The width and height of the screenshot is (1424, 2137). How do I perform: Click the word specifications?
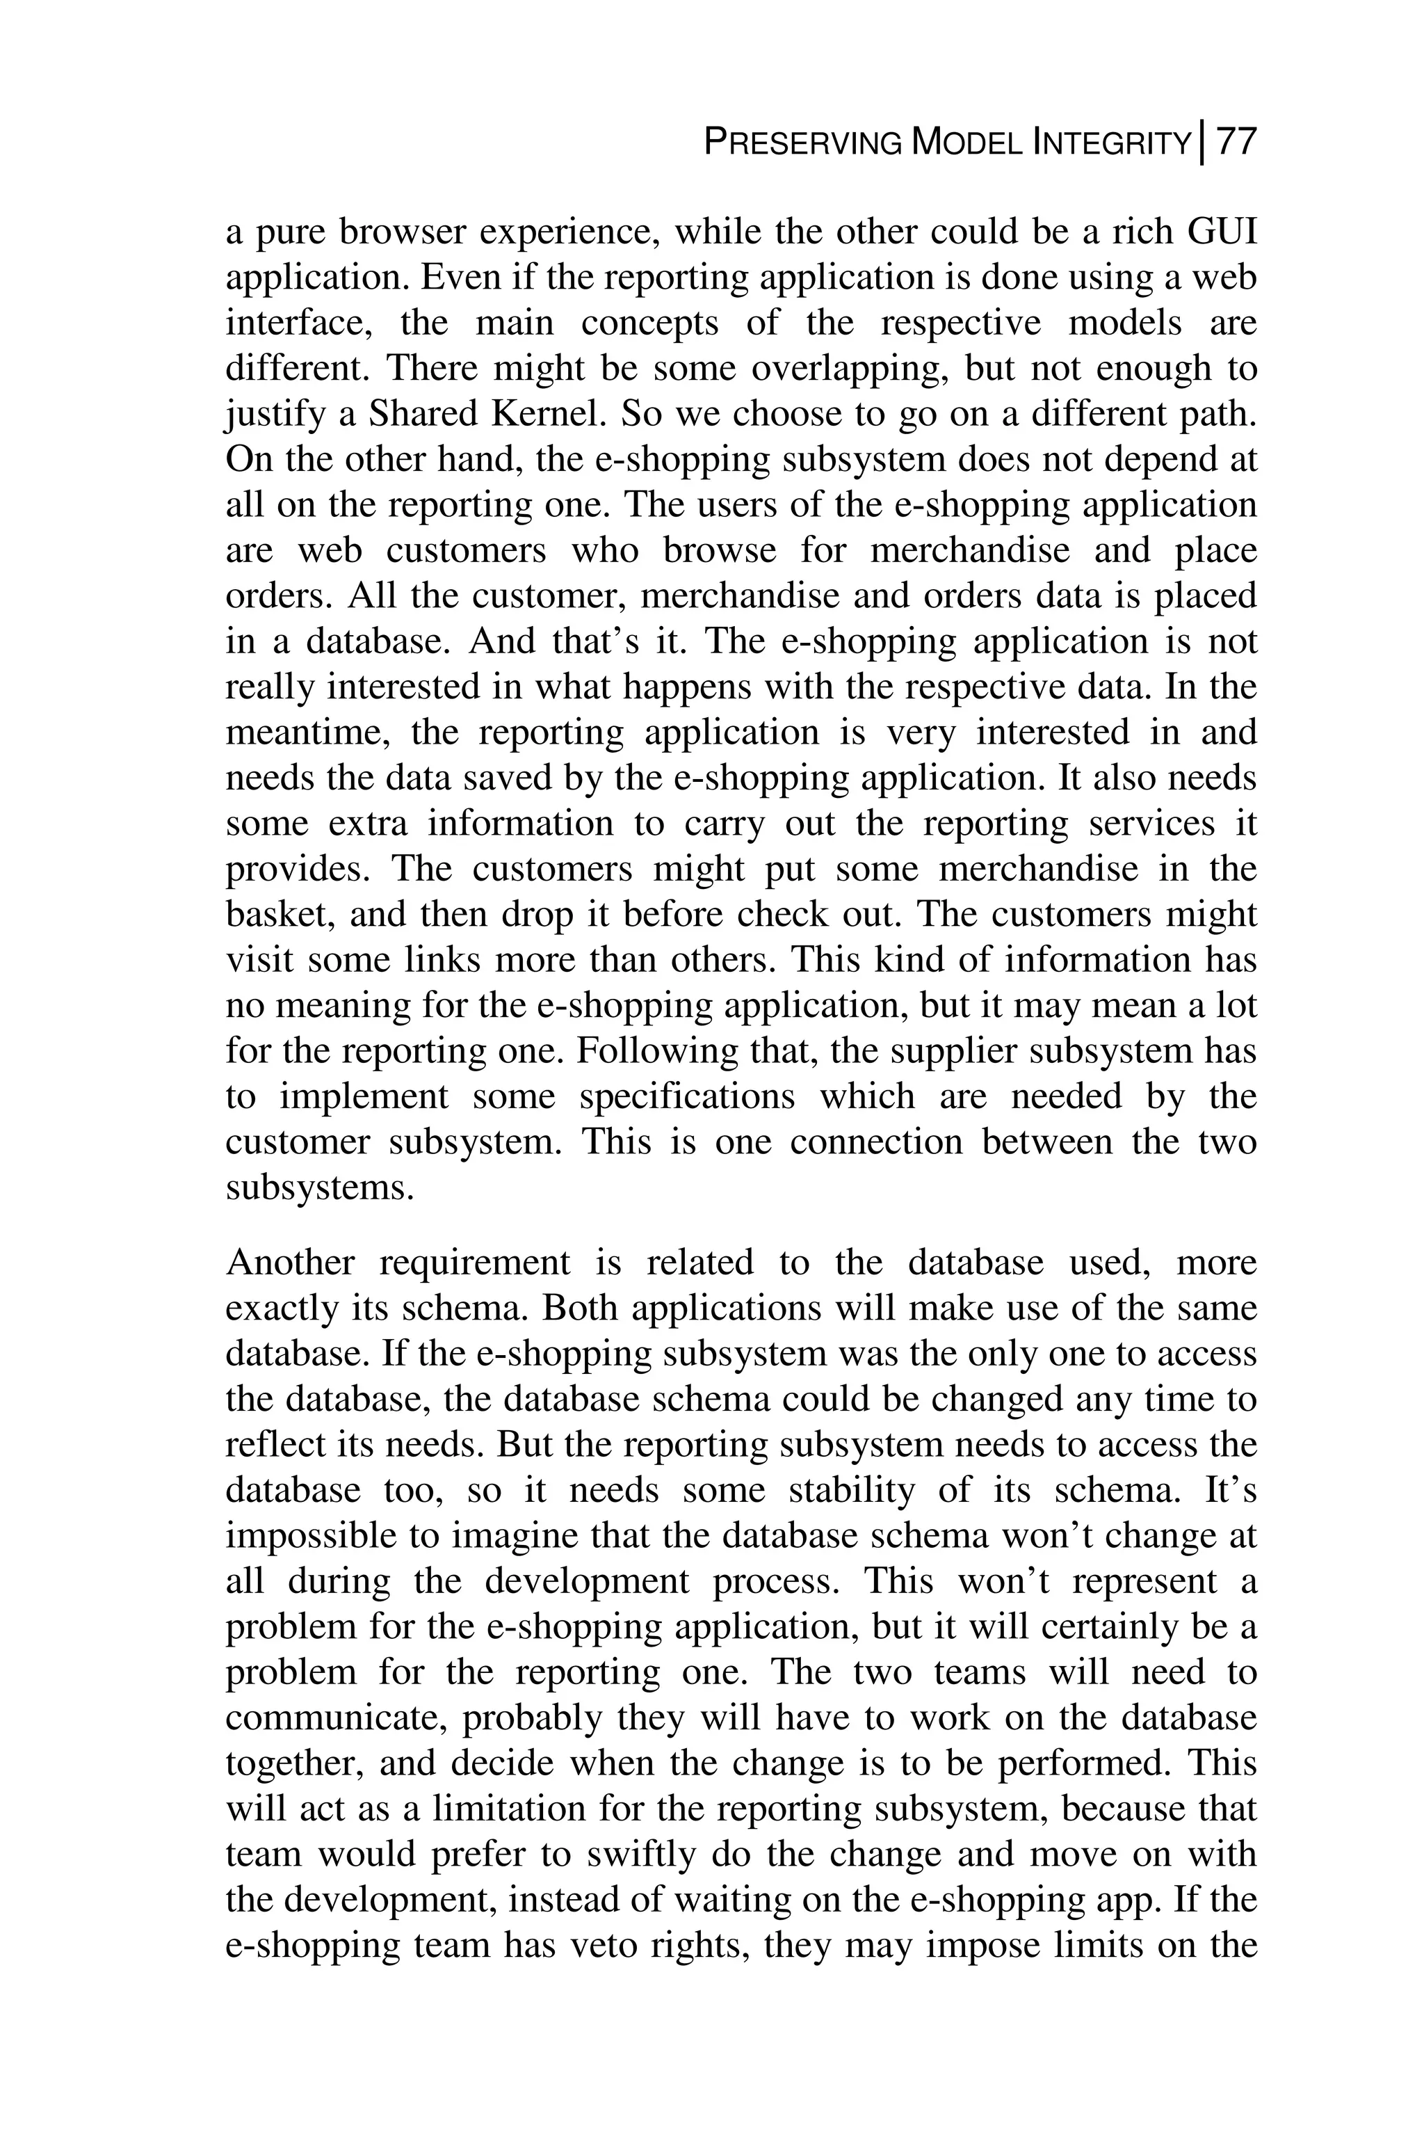pos(688,1096)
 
